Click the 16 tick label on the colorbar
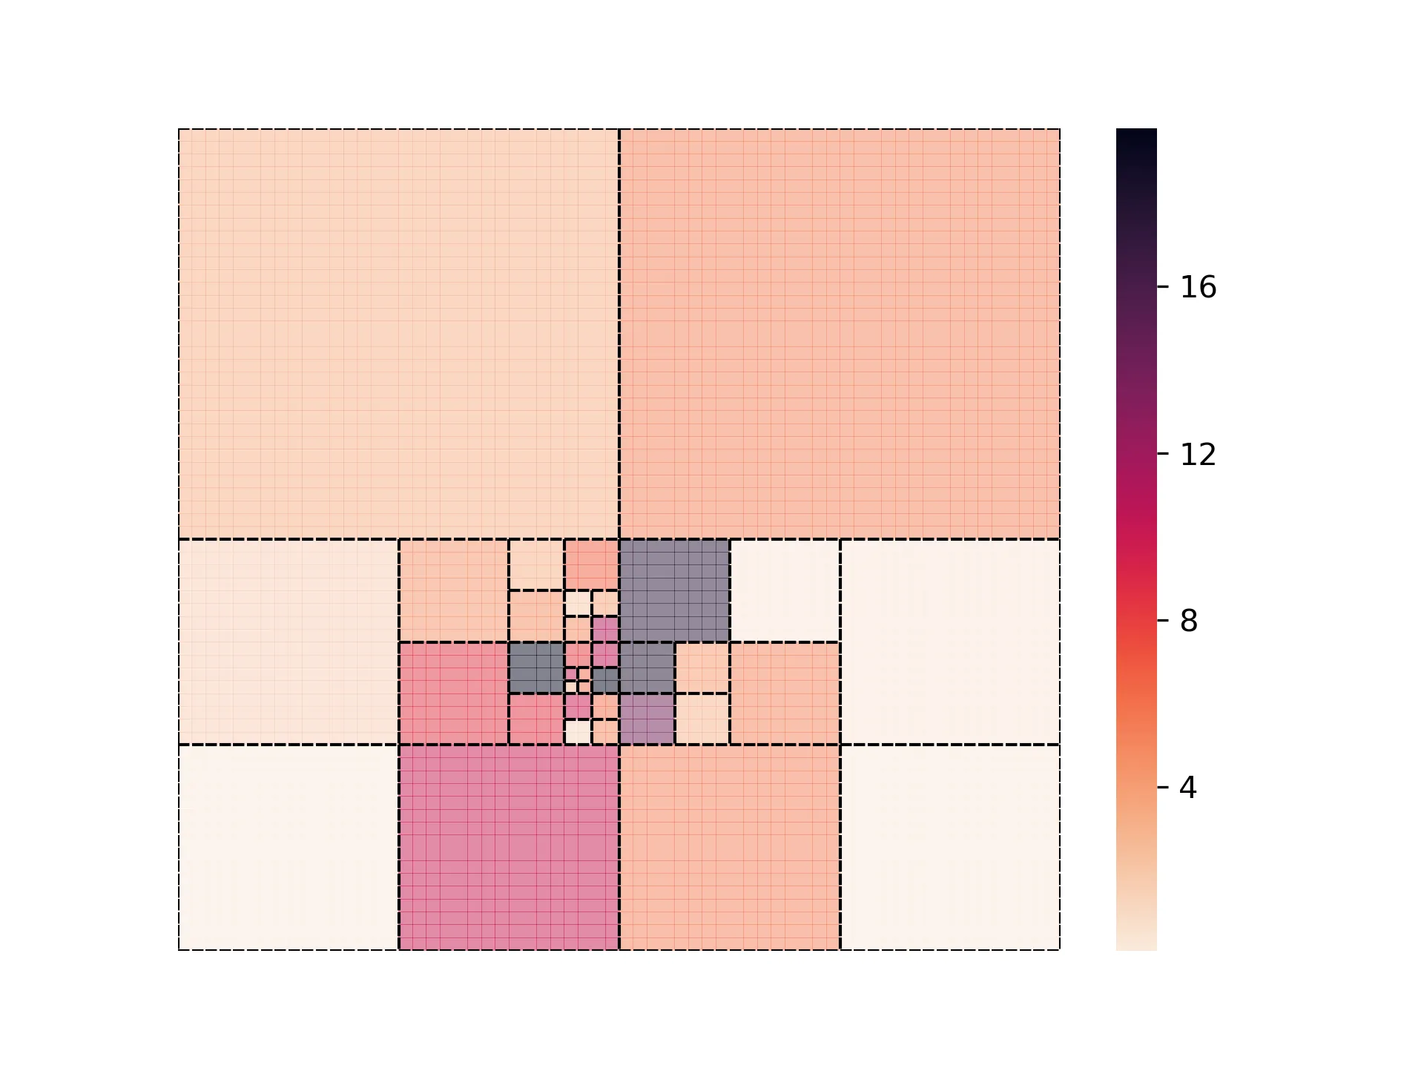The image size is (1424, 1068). pos(1197,287)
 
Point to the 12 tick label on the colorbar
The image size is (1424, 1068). pos(1197,454)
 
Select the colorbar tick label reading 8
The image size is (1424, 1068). pos(1188,621)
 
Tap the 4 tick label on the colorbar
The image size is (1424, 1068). pos(1188,788)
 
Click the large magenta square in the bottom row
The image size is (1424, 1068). pos(509,847)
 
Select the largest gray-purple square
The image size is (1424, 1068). pos(674,590)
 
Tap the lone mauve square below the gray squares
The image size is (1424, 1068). pos(647,719)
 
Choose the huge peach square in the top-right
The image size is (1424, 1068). pos(840,334)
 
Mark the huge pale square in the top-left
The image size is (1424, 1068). pos(398,334)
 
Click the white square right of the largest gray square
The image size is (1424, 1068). pos(785,590)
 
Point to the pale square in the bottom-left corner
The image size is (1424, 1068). pos(289,847)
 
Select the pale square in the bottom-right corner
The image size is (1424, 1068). pos(950,847)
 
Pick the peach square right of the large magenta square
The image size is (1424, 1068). pos(729,847)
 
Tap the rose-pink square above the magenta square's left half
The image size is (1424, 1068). pos(453,693)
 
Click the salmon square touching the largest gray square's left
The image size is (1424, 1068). pos(591,564)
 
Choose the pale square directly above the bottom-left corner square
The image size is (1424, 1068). pos(289,642)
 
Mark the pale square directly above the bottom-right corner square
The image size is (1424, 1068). pos(950,642)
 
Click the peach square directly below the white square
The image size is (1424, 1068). pos(785,693)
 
